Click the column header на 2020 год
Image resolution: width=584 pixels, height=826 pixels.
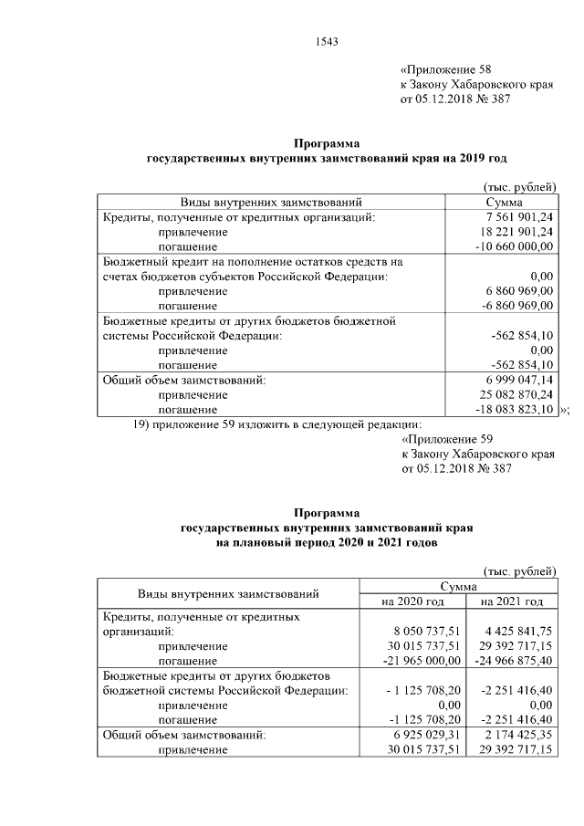[413, 601]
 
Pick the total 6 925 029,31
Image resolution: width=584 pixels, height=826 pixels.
[420, 734]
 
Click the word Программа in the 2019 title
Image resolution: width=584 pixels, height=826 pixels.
[327, 143]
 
